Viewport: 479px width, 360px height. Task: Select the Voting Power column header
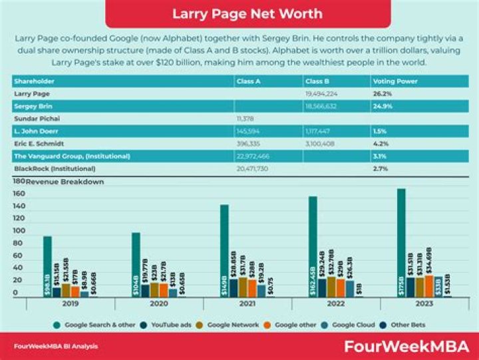point(392,81)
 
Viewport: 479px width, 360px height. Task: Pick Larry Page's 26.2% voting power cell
point(382,94)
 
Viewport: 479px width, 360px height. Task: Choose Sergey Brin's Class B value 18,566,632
point(323,106)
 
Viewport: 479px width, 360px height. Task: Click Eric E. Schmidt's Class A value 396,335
point(248,143)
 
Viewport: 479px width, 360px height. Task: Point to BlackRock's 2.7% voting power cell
point(381,169)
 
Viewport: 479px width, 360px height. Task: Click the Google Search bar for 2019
point(47,266)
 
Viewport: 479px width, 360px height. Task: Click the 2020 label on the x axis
point(158,303)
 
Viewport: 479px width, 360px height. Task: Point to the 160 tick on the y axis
point(19,194)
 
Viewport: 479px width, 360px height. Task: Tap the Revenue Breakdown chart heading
point(65,182)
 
